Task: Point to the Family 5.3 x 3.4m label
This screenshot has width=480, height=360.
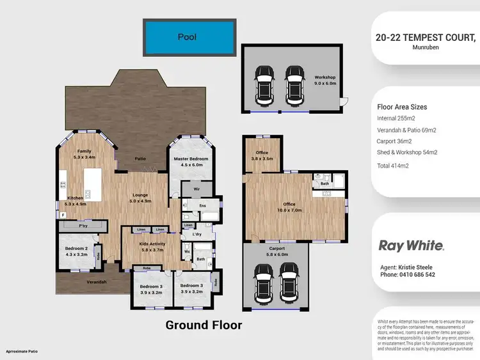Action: pyautogui.click(x=84, y=153)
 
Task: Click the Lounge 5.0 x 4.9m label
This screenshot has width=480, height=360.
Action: pyautogui.click(x=140, y=198)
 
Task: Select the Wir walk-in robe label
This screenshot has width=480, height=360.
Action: pyautogui.click(x=189, y=189)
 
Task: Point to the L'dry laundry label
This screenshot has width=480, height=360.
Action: pyautogui.click(x=197, y=235)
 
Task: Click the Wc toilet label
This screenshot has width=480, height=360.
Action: pyautogui.click(x=187, y=251)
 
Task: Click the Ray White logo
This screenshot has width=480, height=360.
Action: pyautogui.click(x=411, y=245)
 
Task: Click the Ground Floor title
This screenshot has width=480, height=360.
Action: pyautogui.click(x=204, y=325)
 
